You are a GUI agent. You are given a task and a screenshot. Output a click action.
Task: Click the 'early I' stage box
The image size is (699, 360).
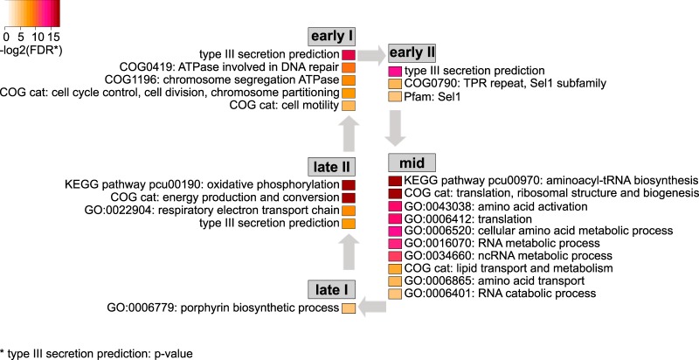[x=333, y=36]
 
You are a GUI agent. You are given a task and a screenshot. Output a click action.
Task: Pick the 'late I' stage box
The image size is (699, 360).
[x=333, y=290]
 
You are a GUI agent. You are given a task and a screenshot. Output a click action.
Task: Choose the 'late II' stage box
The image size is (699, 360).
[x=333, y=166]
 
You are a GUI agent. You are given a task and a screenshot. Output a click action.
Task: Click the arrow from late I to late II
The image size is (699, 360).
[x=348, y=255]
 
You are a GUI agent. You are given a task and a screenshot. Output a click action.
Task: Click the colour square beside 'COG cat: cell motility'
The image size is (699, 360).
[x=348, y=106]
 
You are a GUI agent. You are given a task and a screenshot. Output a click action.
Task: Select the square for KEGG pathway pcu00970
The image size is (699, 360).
[x=395, y=180]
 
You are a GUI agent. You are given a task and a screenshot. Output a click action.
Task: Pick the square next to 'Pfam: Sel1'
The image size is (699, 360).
[x=395, y=95]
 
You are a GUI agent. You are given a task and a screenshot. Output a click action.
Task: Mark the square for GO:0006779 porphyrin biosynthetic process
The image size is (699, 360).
[x=348, y=308]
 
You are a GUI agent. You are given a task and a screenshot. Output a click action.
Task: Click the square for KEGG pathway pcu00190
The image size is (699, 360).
[x=348, y=185]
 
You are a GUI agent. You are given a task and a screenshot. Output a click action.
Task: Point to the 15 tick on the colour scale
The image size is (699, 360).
[x=53, y=37]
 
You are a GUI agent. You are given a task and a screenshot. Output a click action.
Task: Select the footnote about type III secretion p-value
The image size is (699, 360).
[x=96, y=353]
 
